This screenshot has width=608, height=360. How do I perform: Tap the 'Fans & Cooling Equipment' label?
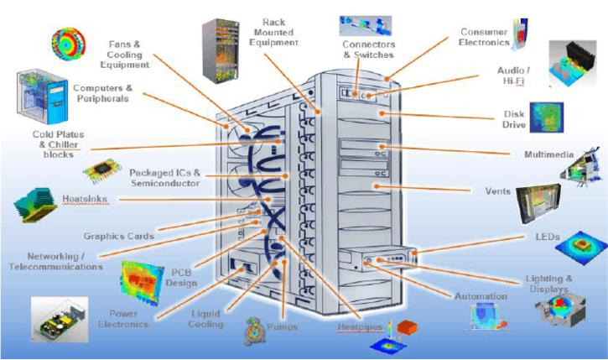[x=130, y=53]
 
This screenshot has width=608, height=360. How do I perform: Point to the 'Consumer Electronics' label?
[x=484, y=36]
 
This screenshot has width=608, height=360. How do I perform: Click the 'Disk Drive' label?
[x=513, y=119]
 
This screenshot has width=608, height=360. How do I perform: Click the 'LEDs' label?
[x=547, y=237]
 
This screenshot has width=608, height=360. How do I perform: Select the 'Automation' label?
[x=481, y=296]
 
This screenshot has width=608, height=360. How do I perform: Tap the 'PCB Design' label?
[x=184, y=278]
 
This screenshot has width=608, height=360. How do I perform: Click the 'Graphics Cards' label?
[x=118, y=237]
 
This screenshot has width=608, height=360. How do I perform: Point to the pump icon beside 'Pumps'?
[x=254, y=331]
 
